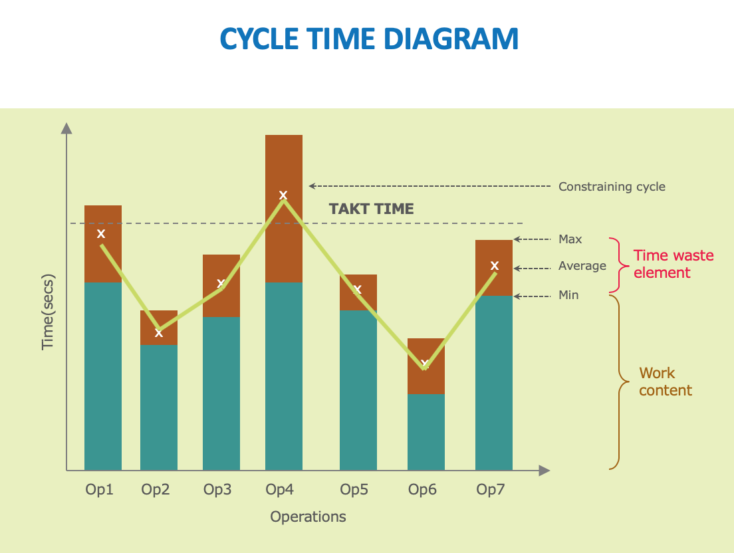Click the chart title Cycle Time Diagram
point(369,39)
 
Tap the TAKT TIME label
point(371,209)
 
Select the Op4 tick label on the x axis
point(280,490)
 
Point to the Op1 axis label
point(99,490)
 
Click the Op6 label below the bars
point(422,490)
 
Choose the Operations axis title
point(308,516)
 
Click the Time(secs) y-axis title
point(48,312)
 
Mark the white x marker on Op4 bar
point(283,195)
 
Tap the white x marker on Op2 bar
point(159,332)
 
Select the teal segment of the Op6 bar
point(426,432)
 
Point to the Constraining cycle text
point(612,187)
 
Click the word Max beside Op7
point(570,239)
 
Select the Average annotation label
point(582,266)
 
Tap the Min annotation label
point(568,295)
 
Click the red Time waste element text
point(673,264)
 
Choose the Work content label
point(665,382)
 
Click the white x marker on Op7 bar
point(495,266)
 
